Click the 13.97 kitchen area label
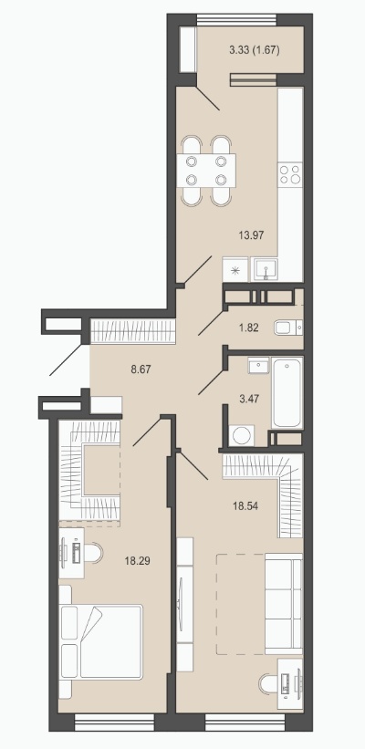(x=251, y=234)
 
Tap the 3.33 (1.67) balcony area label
(x=255, y=49)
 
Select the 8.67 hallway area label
(x=141, y=369)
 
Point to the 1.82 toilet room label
(x=248, y=328)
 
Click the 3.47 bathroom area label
(x=248, y=399)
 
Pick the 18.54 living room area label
(x=245, y=505)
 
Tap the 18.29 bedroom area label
(x=137, y=561)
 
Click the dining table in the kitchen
(x=206, y=171)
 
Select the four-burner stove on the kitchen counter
(x=290, y=173)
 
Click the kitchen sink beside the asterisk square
(x=265, y=270)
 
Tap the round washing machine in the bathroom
(x=241, y=436)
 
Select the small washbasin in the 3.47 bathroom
(x=258, y=367)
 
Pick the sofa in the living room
(x=283, y=603)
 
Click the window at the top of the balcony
(x=237, y=21)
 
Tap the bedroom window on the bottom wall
(x=115, y=721)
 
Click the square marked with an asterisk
(x=235, y=270)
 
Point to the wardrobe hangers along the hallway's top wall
(x=133, y=330)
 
